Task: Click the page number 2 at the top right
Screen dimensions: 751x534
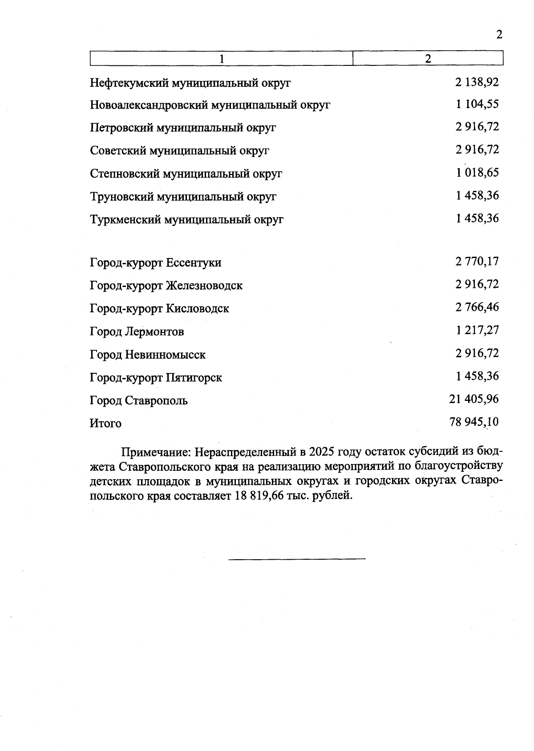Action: (x=499, y=35)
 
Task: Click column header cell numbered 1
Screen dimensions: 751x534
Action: (x=221, y=59)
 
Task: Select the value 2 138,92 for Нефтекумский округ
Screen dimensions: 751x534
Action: (x=477, y=82)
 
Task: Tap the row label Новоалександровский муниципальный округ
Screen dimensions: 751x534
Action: (x=210, y=105)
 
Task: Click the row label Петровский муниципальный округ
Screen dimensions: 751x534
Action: (x=183, y=128)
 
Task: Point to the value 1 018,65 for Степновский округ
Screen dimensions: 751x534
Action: (x=477, y=173)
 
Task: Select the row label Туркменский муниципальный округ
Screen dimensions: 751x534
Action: (x=186, y=219)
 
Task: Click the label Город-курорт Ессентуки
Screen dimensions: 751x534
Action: (x=155, y=262)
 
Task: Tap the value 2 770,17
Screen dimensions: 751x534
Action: (x=477, y=261)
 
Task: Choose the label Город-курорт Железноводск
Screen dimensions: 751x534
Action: (x=166, y=285)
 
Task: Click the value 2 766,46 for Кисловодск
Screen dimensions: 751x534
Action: (x=477, y=307)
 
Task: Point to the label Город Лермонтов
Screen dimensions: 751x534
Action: (x=137, y=331)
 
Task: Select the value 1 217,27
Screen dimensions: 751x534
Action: (x=477, y=330)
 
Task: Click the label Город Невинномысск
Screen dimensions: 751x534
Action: (x=147, y=355)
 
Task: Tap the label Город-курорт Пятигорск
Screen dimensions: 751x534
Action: (x=156, y=378)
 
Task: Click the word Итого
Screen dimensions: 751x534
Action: (x=105, y=423)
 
